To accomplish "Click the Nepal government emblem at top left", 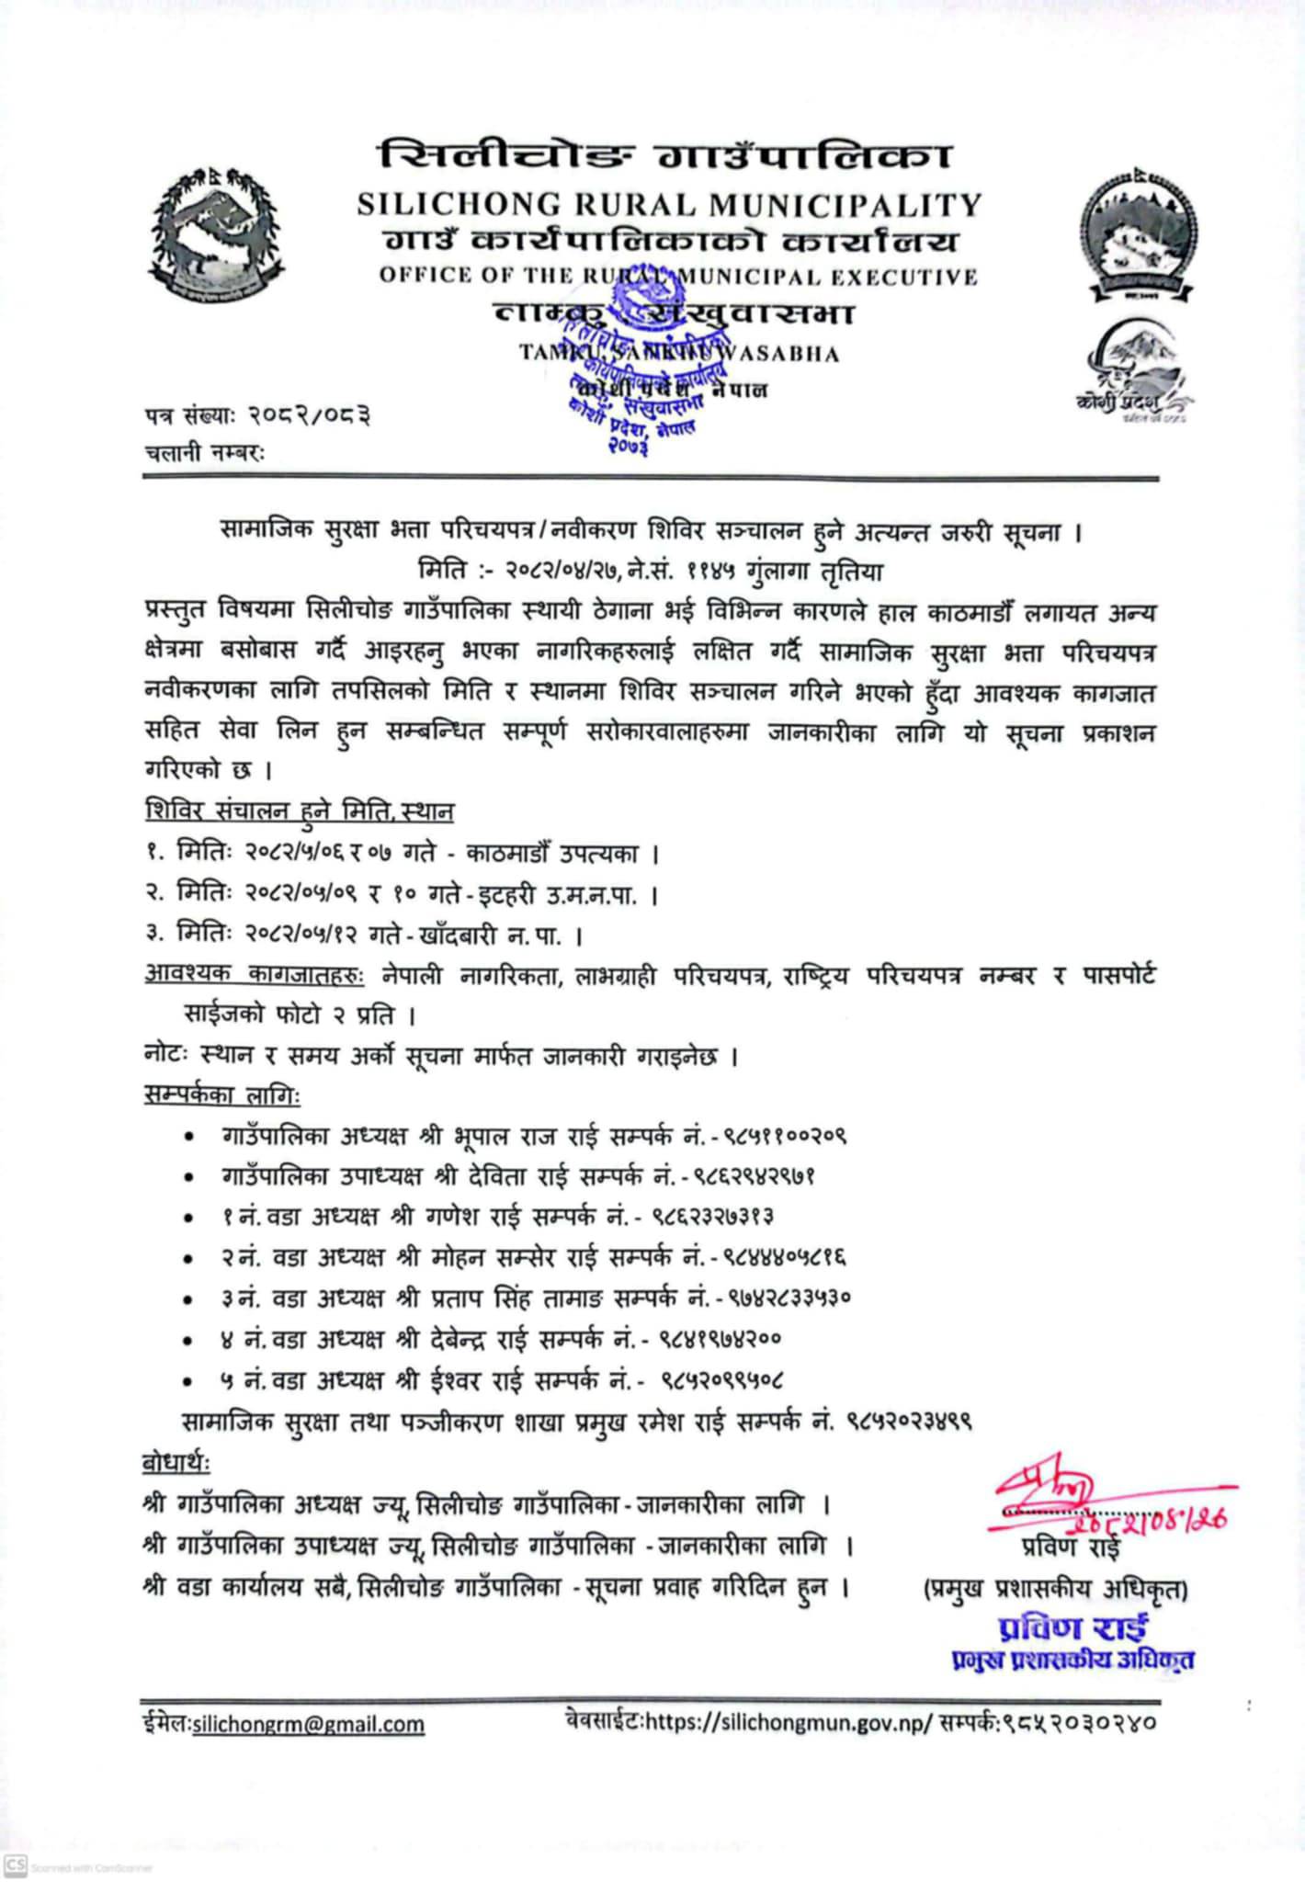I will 217,234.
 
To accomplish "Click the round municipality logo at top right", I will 1139,235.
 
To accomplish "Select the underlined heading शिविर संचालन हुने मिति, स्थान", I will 300,811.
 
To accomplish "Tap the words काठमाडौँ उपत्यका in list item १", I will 551,854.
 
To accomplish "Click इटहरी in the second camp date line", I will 511,895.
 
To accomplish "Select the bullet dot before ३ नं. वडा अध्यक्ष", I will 188,1299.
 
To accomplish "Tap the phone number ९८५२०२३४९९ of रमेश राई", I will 909,1422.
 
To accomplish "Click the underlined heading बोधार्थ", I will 176,1462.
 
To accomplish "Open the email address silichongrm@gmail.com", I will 308,1724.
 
